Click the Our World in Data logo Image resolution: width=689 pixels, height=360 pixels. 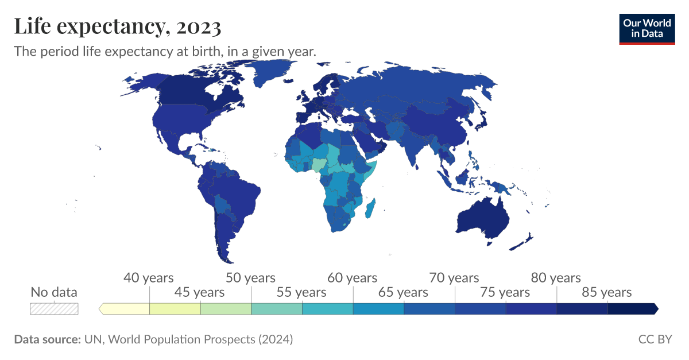pyautogui.click(x=647, y=28)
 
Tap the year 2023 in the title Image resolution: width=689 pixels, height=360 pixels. pyautogui.click(x=199, y=26)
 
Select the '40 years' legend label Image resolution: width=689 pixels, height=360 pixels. pyautogui.click(x=148, y=278)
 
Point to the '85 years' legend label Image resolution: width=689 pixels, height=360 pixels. pyautogui.click(x=607, y=292)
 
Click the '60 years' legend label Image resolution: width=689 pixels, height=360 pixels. pyautogui.click(x=352, y=278)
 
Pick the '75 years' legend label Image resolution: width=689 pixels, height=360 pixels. pyautogui.click(x=505, y=292)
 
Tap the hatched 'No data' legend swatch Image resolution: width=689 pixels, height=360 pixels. pyautogui.click(x=54, y=309)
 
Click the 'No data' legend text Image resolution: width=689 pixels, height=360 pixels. pyautogui.click(x=54, y=292)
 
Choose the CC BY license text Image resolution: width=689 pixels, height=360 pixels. pyautogui.click(x=655, y=339)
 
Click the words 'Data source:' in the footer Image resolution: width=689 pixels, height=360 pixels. pyautogui.click(x=47, y=339)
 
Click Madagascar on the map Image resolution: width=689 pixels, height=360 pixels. pyautogui.click(x=371, y=207)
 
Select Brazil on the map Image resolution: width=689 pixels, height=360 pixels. pyautogui.click(x=235, y=189)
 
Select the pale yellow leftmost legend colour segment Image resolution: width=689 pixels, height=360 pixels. pyautogui.click(x=125, y=309)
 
